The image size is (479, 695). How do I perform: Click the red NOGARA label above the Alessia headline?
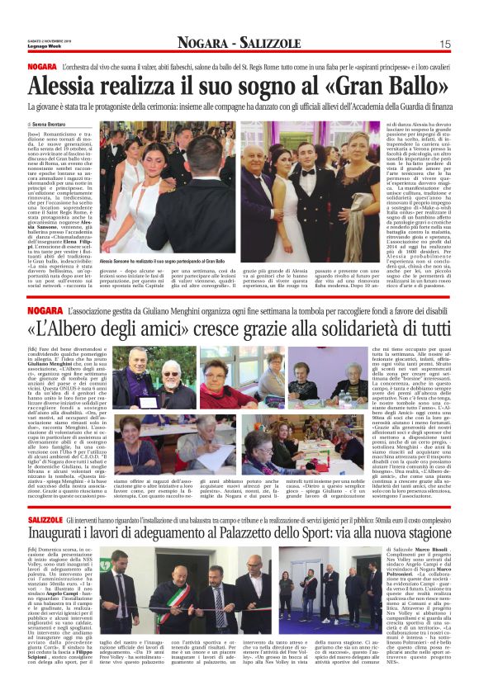coord(41,66)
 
